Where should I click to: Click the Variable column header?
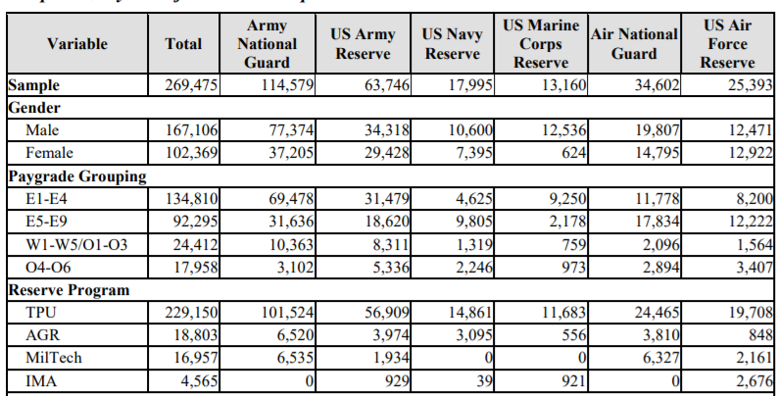coord(76,44)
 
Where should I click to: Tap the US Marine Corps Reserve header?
coord(541,43)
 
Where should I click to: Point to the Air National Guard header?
coord(634,43)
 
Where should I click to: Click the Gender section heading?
coord(35,107)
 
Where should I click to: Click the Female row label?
coord(50,152)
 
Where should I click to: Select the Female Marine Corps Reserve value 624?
coord(570,152)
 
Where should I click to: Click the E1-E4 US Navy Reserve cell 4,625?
coord(473,198)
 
